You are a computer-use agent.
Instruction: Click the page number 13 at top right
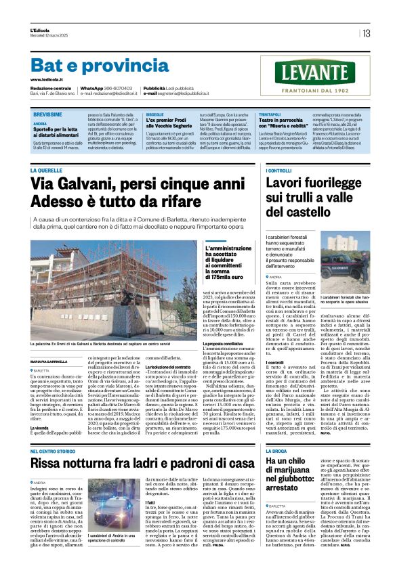click(x=366, y=33)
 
